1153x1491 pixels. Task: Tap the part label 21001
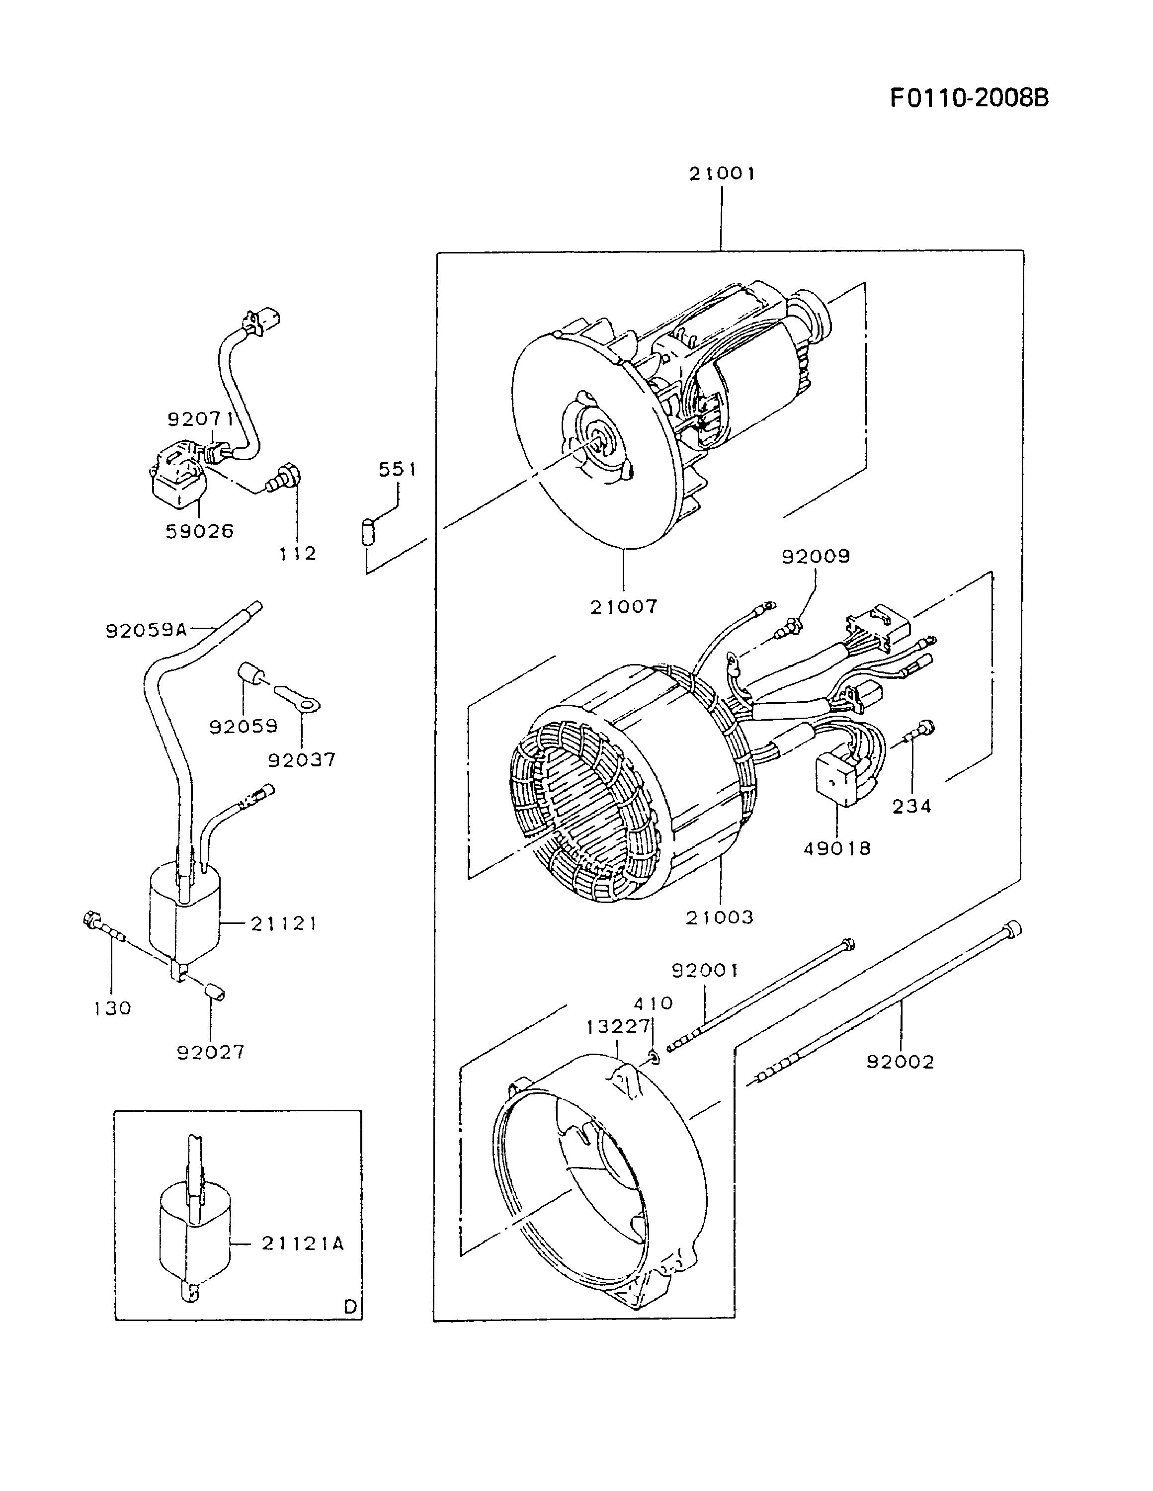click(722, 174)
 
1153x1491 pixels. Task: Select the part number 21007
click(624, 606)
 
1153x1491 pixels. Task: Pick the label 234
click(912, 807)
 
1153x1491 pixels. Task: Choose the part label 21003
click(720, 917)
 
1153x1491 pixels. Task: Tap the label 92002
click(901, 1062)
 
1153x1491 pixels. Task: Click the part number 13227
click(618, 1027)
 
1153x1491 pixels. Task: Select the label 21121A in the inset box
click(303, 1244)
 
